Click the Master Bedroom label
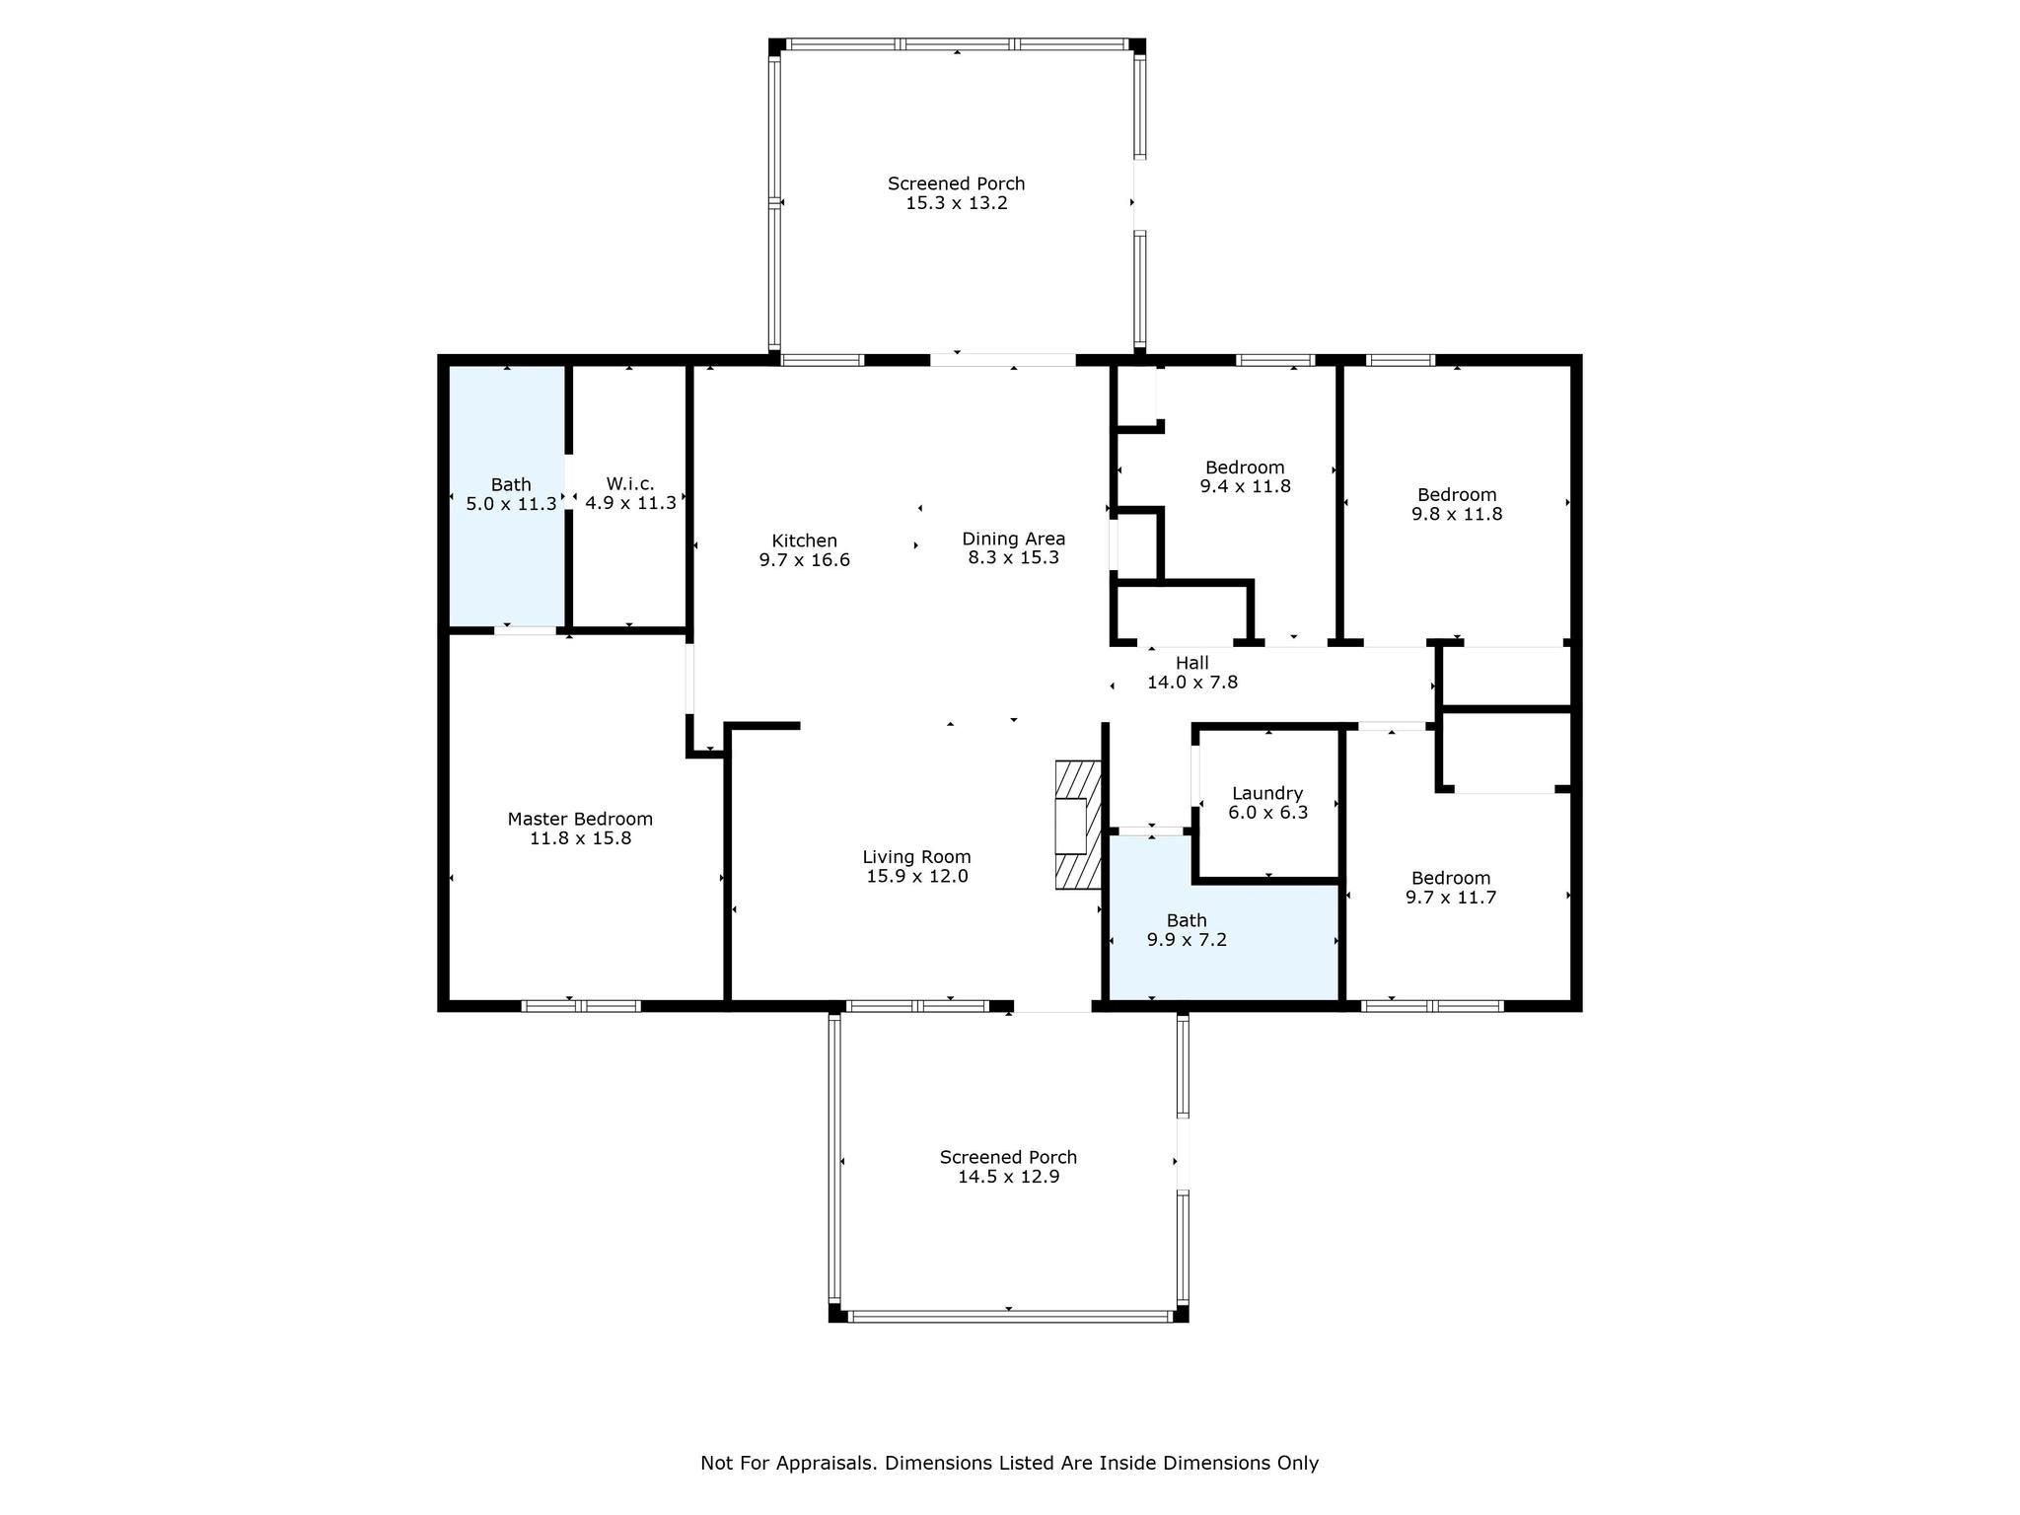click(580, 819)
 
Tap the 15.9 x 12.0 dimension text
click(916, 876)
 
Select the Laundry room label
click(1267, 793)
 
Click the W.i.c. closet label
click(630, 483)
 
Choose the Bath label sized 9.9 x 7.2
click(1187, 920)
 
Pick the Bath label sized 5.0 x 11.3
click(511, 484)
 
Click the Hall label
click(1191, 663)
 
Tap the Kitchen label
click(804, 541)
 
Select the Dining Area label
click(1013, 539)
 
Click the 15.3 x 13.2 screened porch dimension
click(956, 203)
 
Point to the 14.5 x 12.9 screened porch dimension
click(1008, 1177)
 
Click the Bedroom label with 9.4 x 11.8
click(1245, 468)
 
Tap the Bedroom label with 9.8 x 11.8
click(1457, 495)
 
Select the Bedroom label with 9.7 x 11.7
click(1450, 878)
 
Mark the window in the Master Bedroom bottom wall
click(581, 1006)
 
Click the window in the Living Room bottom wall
click(917, 1006)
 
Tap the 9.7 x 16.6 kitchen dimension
click(804, 560)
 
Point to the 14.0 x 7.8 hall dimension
click(1191, 683)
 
